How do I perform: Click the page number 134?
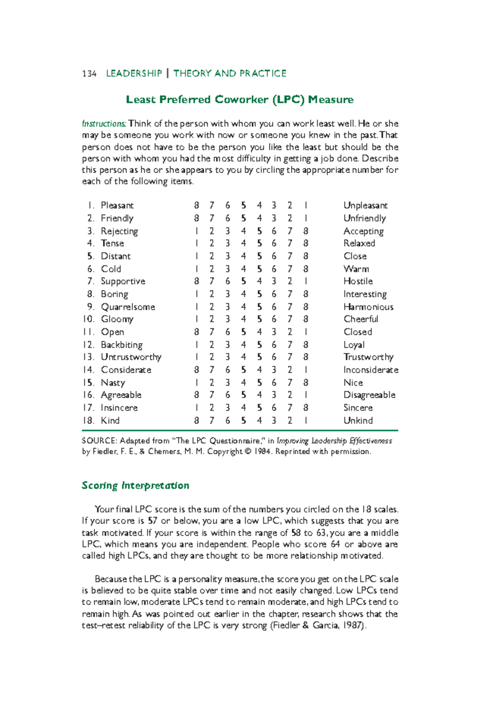click(89, 73)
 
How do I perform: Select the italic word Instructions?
click(104, 124)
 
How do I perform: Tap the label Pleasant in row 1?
click(117, 205)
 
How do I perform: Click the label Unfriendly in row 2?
click(364, 218)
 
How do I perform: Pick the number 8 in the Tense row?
click(306, 243)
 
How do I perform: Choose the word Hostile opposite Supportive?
click(358, 281)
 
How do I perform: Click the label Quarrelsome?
click(128, 307)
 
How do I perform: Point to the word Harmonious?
click(368, 307)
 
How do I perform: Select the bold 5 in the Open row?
click(244, 332)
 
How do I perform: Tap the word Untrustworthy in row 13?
click(131, 357)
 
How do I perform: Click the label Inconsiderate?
click(371, 370)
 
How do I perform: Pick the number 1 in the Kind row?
click(306, 420)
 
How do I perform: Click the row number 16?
click(88, 395)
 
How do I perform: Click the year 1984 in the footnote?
click(262, 452)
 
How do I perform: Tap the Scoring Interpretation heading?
click(135, 486)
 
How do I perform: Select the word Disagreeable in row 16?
click(369, 395)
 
